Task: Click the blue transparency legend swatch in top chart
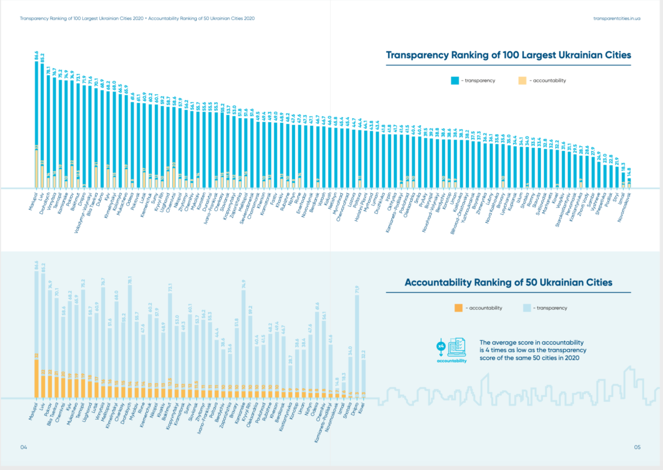pyautogui.click(x=454, y=80)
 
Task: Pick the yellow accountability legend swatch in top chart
pyautogui.click(x=522, y=80)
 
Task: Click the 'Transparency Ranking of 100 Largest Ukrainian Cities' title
pyautogui.click(x=508, y=56)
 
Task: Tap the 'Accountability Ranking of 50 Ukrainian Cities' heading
pyautogui.click(x=508, y=283)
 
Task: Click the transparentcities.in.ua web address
pyautogui.click(x=617, y=18)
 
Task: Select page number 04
pyautogui.click(x=23, y=447)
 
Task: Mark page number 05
pyautogui.click(x=636, y=447)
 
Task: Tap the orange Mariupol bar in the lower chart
pyautogui.click(x=36, y=378)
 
